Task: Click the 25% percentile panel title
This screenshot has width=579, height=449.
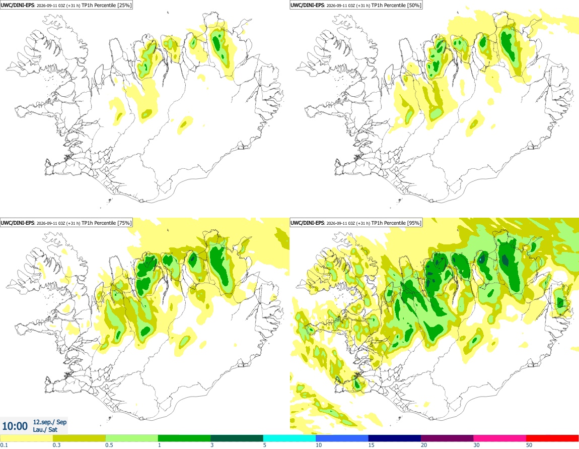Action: [x=66, y=5]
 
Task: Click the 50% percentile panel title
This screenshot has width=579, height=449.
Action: [x=356, y=5]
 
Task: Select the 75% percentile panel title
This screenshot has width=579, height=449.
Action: [x=66, y=223]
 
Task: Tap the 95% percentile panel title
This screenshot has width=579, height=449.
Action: [x=356, y=223]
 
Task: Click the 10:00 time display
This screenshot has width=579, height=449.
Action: [x=15, y=426]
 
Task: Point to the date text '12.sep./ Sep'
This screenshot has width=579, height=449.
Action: [x=50, y=422]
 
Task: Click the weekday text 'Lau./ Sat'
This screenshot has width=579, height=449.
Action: [x=45, y=429]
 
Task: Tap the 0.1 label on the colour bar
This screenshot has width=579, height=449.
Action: [x=4, y=445]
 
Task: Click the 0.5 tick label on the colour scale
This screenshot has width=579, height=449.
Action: [x=109, y=445]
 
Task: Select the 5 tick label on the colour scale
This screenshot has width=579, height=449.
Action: [x=265, y=445]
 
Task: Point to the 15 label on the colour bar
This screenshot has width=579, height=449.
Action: [x=371, y=445]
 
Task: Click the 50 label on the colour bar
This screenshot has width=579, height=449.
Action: [x=529, y=445]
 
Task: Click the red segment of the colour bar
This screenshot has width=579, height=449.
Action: [x=552, y=438]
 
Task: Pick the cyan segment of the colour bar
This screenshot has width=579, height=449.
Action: [x=289, y=438]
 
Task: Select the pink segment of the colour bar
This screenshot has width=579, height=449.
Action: [x=499, y=438]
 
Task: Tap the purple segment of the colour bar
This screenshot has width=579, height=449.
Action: [x=447, y=438]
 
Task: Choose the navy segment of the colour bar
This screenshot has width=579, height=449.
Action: [x=395, y=438]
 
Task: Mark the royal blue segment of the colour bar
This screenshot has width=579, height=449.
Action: [x=342, y=438]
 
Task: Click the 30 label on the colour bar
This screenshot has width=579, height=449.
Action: [x=476, y=445]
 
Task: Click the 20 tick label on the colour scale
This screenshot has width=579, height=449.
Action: [x=424, y=445]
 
